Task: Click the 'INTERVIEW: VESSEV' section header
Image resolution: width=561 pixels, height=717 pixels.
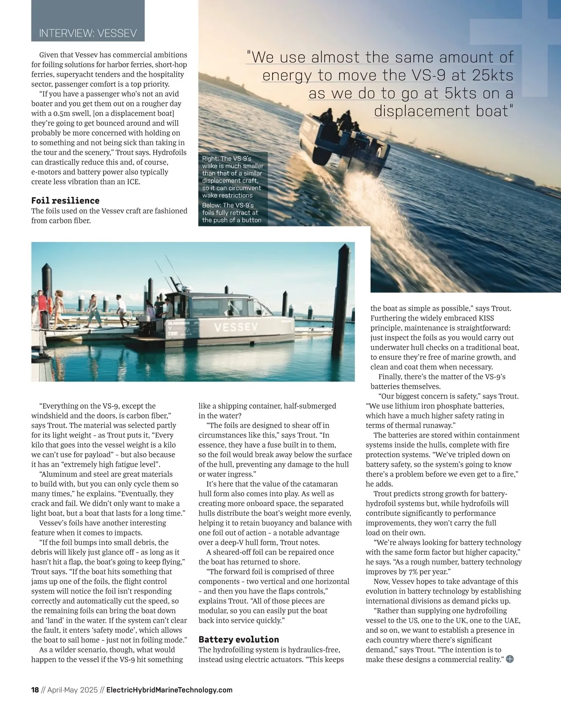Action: pyautogui.click(x=88, y=33)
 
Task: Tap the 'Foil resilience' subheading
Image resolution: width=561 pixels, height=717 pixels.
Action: pyautogui.click(x=65, y=200)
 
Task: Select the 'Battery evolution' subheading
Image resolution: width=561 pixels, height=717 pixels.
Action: pyautogui.click(x=238, y=639)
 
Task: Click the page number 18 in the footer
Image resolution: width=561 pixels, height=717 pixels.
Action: pyautogui.click(x=35, y=690)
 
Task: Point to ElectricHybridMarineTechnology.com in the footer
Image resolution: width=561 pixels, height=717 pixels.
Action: pyautogui.click(x=169, y=690)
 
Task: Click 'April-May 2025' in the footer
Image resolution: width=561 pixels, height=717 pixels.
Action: pyautogui.click(x=72, y=690)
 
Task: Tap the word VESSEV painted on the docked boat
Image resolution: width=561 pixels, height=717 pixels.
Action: pyautogui.click(x=236, y=327)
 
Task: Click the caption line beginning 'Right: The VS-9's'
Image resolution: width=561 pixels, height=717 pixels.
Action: pyautogui.click(x=227, y=159)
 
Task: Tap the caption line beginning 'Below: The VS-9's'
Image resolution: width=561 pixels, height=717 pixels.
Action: pyautogui.click(x=228, y=206)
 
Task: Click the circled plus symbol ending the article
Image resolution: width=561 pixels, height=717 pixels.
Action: pyautogui.click(x=510, y=659)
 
